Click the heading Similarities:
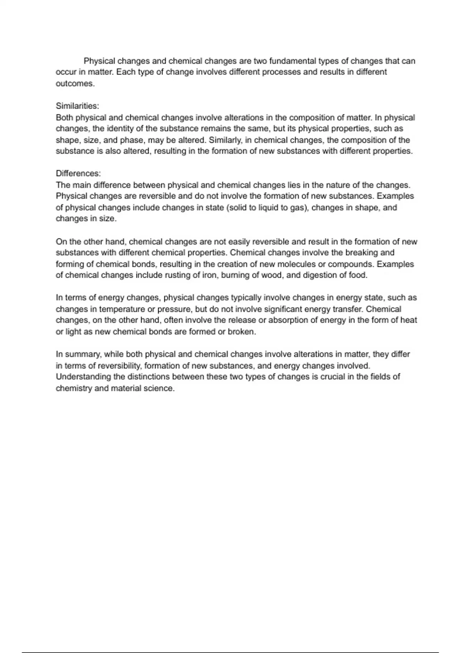pyautogui.click(x=77, y=106)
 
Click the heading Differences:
pyautogui.click(x=78, y=174)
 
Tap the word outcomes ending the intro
pyautogui.click(x=75, y=84)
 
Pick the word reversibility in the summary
pyautogui.click(x=118, y=366)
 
